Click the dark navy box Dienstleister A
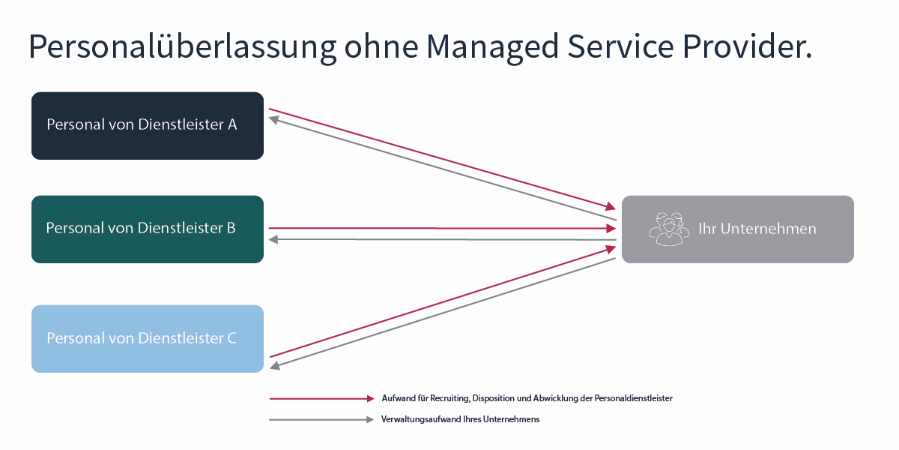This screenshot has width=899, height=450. (147, 125)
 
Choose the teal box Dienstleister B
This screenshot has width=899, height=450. (147, 229)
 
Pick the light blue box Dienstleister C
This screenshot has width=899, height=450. (147, 338)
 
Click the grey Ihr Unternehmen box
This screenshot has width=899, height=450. (737, 229)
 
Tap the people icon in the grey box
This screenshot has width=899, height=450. (668, 229)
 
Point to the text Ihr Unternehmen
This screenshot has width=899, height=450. (757, 229)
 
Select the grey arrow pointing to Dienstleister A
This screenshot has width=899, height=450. (442, 169)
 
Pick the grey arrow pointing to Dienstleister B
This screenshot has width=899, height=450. (442, 239)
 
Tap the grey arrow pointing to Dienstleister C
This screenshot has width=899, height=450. (442, 313)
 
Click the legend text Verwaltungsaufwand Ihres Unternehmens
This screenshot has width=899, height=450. (460, 419)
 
